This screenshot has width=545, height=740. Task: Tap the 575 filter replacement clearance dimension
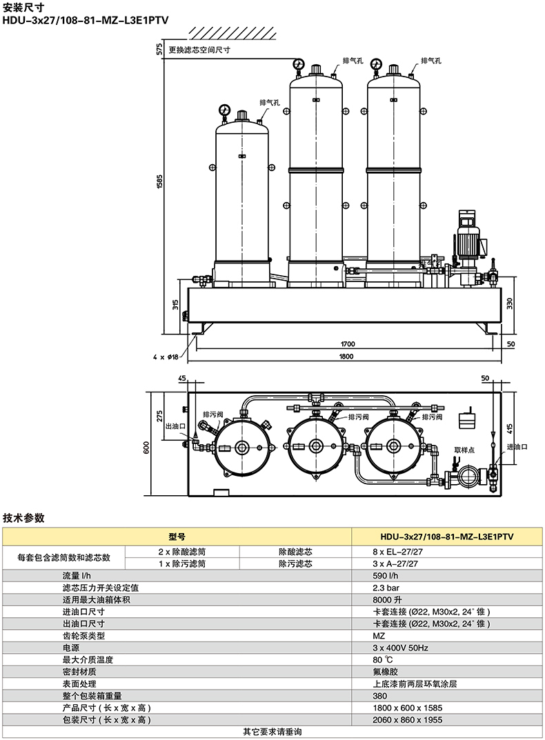click(x=159, y=48)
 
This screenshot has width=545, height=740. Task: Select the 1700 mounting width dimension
click(x=348, y=344)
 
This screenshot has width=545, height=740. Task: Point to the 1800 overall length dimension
click(x=346, y=357)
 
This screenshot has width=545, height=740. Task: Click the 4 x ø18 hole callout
click(x=166, y=357)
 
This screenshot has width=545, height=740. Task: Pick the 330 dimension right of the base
click(x=510, y=303)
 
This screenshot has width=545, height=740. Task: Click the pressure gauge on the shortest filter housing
click(x=224, y=110)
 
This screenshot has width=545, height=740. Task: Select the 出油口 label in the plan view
click(x=176, y=426)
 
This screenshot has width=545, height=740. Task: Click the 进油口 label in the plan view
click(x=517, y=446)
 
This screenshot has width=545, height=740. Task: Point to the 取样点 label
click(x=464, y=450)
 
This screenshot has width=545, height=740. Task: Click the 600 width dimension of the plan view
click(x=146, y=448)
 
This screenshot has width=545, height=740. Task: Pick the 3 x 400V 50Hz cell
click(x=400, y=648)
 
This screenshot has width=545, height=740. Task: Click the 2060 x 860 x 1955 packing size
click(x=407, y=720)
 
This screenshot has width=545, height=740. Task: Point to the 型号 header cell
click(x=177, y=537)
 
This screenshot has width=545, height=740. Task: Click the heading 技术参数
click(x=23, y=518)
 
